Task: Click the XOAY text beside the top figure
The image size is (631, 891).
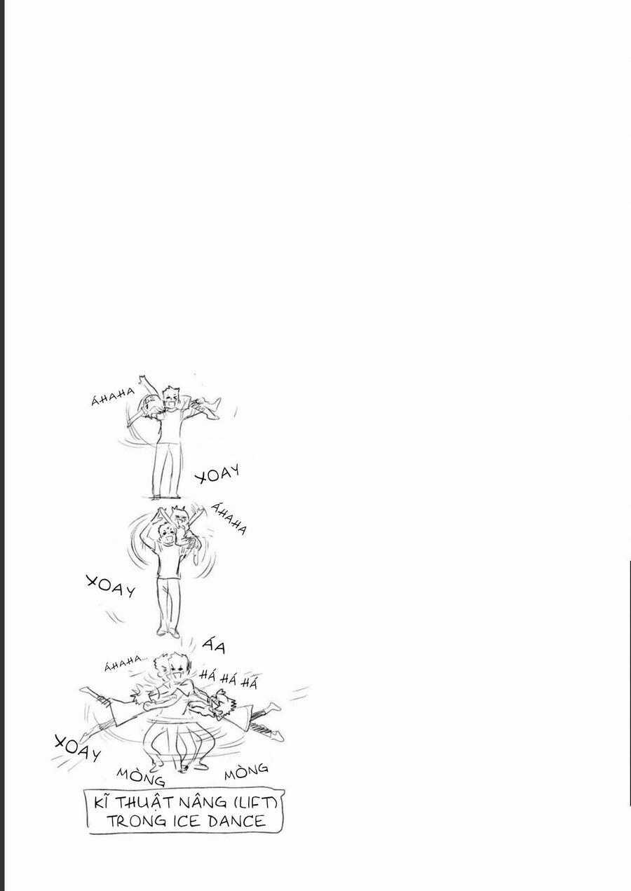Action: (217, 474)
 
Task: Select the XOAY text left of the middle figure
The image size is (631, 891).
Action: (111, 587)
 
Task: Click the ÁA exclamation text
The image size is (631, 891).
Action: (215, 645)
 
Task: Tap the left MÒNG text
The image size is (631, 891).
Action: (140, 775)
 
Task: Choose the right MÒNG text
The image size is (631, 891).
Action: (246, 771)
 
